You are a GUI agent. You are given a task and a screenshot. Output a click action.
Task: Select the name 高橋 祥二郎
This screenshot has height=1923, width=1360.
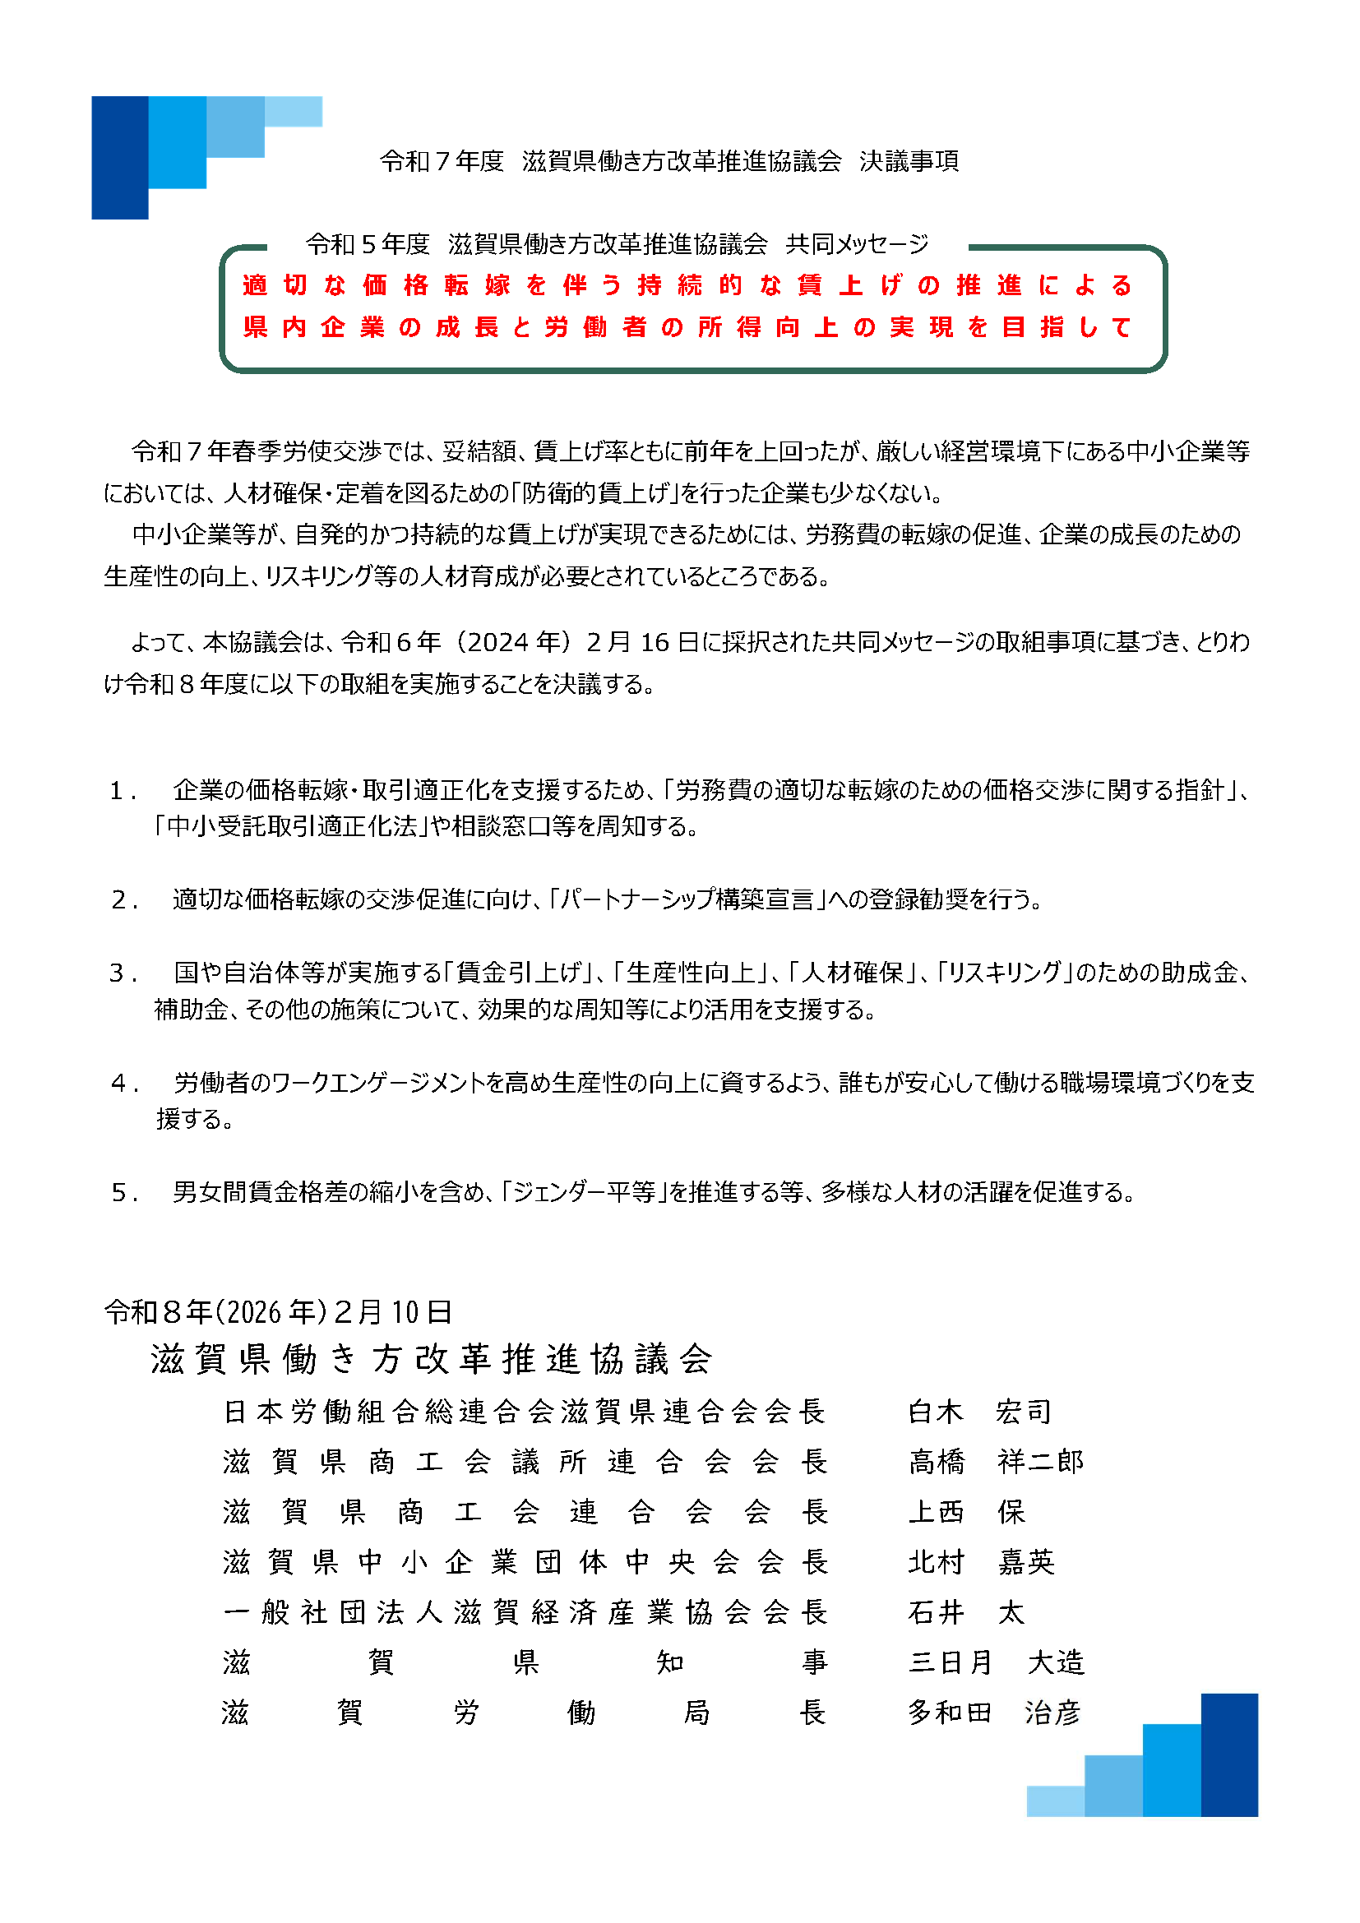coord(996,1462)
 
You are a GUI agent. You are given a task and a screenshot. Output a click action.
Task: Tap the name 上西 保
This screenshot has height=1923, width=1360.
coord(966,1512)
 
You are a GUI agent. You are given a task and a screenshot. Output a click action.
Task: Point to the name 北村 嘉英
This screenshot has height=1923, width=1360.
coord(981,1562)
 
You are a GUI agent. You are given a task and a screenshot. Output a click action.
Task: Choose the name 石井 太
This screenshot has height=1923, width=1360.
coord(966,1612)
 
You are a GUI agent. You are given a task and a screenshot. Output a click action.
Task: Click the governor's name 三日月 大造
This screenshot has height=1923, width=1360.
coord(996,1662)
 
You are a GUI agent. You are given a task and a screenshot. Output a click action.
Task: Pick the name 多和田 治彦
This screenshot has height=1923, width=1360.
coord(994,1713)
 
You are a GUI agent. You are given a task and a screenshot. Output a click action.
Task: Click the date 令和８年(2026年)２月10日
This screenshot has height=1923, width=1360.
coord(278,1311)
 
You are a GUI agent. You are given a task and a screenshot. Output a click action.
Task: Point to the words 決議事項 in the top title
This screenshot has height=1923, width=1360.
coord(909,161)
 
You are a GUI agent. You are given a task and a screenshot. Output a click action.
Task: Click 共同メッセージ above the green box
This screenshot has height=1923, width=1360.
coord(857,243)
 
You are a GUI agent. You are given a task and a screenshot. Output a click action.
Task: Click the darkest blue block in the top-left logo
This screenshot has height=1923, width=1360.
coord(120,158)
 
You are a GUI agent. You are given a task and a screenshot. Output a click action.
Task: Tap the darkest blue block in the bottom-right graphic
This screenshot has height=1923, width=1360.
coord(1228,1754)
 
